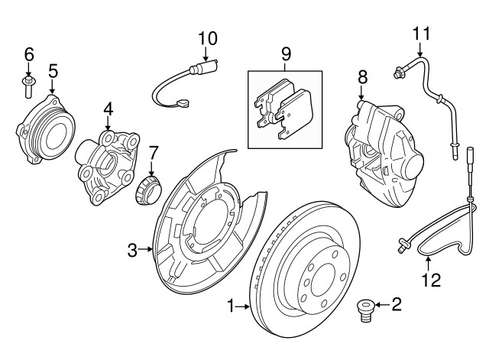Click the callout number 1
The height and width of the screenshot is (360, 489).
coord(230,307)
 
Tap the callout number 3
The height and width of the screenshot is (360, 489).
coord(131,249)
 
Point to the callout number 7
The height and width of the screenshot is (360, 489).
coord(153,152)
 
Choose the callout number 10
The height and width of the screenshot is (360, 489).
coord(208,37)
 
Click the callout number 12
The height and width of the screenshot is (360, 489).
coord(432,280)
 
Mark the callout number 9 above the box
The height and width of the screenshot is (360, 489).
coord(286,54)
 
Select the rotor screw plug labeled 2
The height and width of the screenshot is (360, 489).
coord(365,310)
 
